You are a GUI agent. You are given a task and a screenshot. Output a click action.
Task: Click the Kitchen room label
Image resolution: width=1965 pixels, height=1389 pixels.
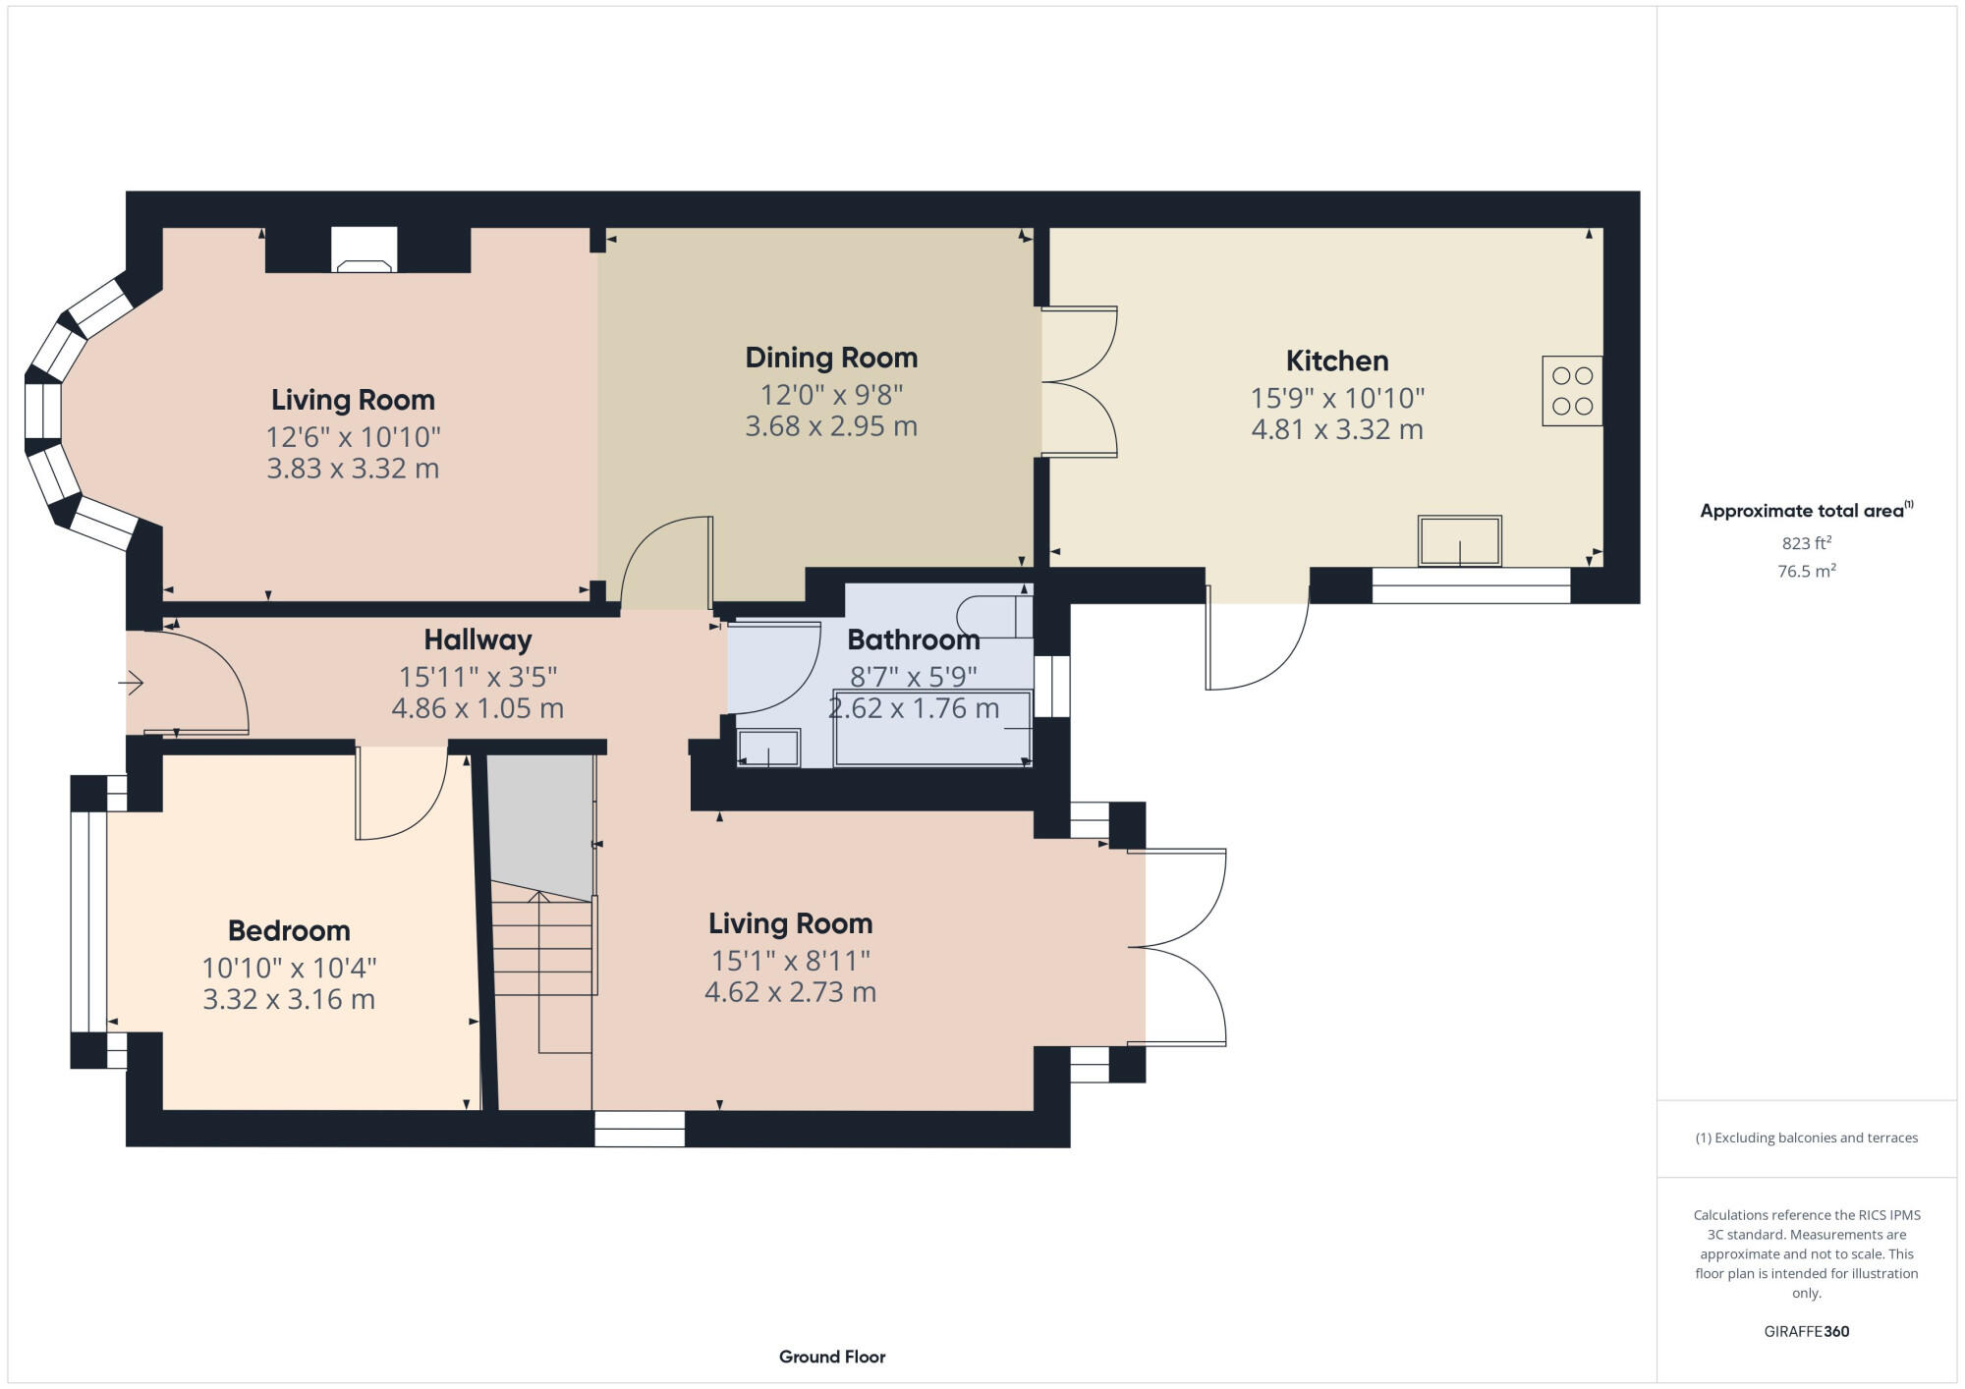point(1336,361)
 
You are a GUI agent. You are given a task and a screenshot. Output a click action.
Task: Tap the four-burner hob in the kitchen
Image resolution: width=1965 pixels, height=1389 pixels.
point(1572,391)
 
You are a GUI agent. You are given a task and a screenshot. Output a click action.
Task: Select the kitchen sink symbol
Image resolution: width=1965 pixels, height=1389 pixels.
point(1459,541)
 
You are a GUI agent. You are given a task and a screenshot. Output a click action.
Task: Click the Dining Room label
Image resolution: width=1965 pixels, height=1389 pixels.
point(831,358)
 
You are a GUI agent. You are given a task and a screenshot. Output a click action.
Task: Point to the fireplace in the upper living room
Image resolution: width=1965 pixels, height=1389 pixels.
point(364,250)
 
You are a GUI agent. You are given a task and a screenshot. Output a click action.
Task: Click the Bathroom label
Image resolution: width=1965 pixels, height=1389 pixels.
point(913,640)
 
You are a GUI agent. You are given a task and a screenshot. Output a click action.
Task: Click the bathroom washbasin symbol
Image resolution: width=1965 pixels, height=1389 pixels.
point(768,749)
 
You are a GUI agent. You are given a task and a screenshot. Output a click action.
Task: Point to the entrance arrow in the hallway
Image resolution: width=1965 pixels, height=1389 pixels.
point(133,683)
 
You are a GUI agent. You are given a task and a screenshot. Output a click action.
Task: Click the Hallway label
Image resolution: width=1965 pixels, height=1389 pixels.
point(477,640)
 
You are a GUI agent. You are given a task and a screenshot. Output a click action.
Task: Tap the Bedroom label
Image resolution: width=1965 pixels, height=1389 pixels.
point(289,930)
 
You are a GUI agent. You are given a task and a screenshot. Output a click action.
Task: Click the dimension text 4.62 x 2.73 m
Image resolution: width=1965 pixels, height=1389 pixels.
point(790,992)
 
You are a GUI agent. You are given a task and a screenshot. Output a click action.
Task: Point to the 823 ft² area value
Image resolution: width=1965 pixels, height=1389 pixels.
point(1806,543)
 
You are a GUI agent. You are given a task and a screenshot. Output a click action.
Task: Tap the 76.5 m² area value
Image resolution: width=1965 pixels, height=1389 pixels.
point(1806,571)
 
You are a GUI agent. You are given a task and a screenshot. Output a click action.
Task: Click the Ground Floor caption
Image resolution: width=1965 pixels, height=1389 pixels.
point(832,1357)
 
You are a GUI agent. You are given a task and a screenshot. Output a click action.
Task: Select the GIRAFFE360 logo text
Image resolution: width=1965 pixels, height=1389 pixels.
point(1806,1332)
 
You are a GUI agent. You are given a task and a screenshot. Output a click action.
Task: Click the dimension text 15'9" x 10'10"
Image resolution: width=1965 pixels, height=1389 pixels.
point(1336,398)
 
